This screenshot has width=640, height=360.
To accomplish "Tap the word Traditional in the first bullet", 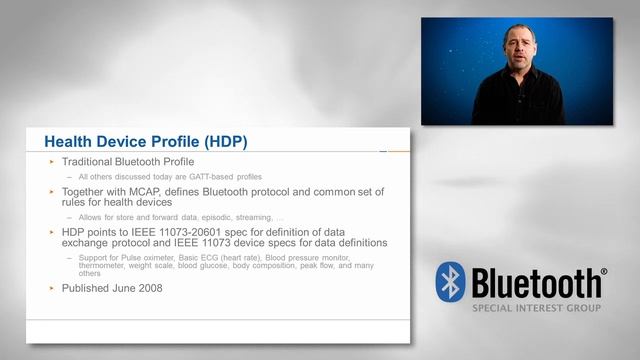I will [91, 161].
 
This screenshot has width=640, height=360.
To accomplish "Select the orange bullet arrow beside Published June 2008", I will [52, 288].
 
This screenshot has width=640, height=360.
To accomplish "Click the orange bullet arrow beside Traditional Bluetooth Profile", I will [52, 161].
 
